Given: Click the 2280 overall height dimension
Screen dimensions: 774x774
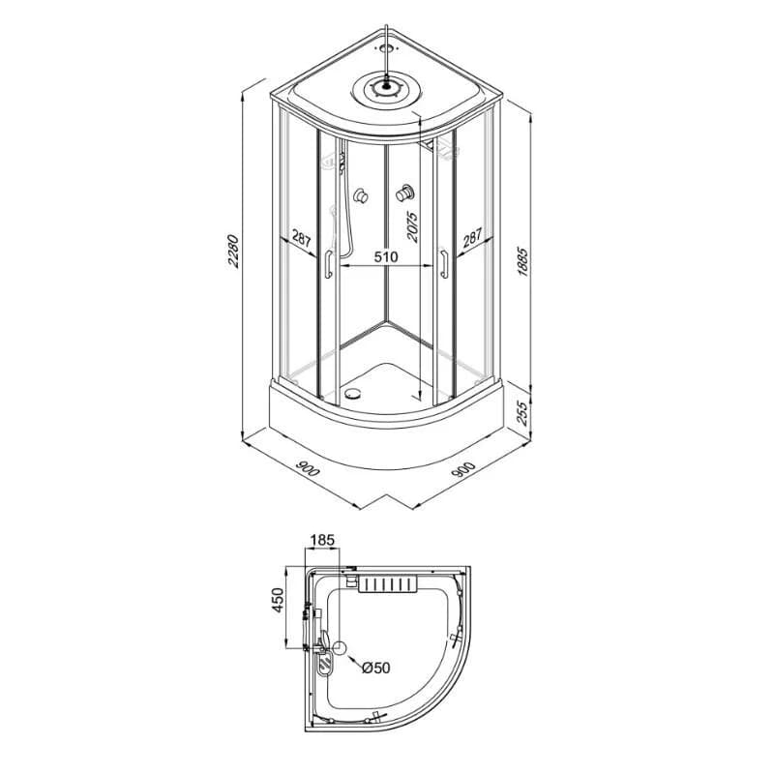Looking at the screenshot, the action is [233, 252].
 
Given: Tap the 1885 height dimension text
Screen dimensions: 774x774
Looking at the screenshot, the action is [522, 262].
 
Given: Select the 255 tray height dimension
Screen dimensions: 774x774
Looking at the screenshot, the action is [522, 413].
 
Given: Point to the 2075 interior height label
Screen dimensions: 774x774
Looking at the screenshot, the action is [412, 227].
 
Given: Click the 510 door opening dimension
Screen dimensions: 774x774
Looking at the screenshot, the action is [385, 257].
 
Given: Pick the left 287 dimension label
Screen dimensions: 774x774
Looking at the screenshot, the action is [301, 238].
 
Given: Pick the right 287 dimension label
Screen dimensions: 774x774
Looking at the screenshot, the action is [472, 238].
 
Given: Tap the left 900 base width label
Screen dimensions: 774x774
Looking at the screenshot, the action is [307, 469].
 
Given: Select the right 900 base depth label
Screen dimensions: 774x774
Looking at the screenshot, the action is [463, 469].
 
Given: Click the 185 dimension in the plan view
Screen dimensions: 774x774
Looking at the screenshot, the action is [323, 540].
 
